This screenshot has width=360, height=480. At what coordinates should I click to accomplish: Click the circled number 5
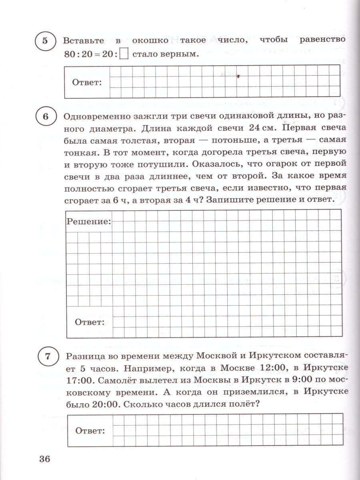(45, 41)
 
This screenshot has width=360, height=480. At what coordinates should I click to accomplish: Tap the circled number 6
(45, 116)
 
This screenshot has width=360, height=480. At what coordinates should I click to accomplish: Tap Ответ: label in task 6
(90, 322)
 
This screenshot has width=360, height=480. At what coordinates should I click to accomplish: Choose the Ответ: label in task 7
(90, 431)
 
